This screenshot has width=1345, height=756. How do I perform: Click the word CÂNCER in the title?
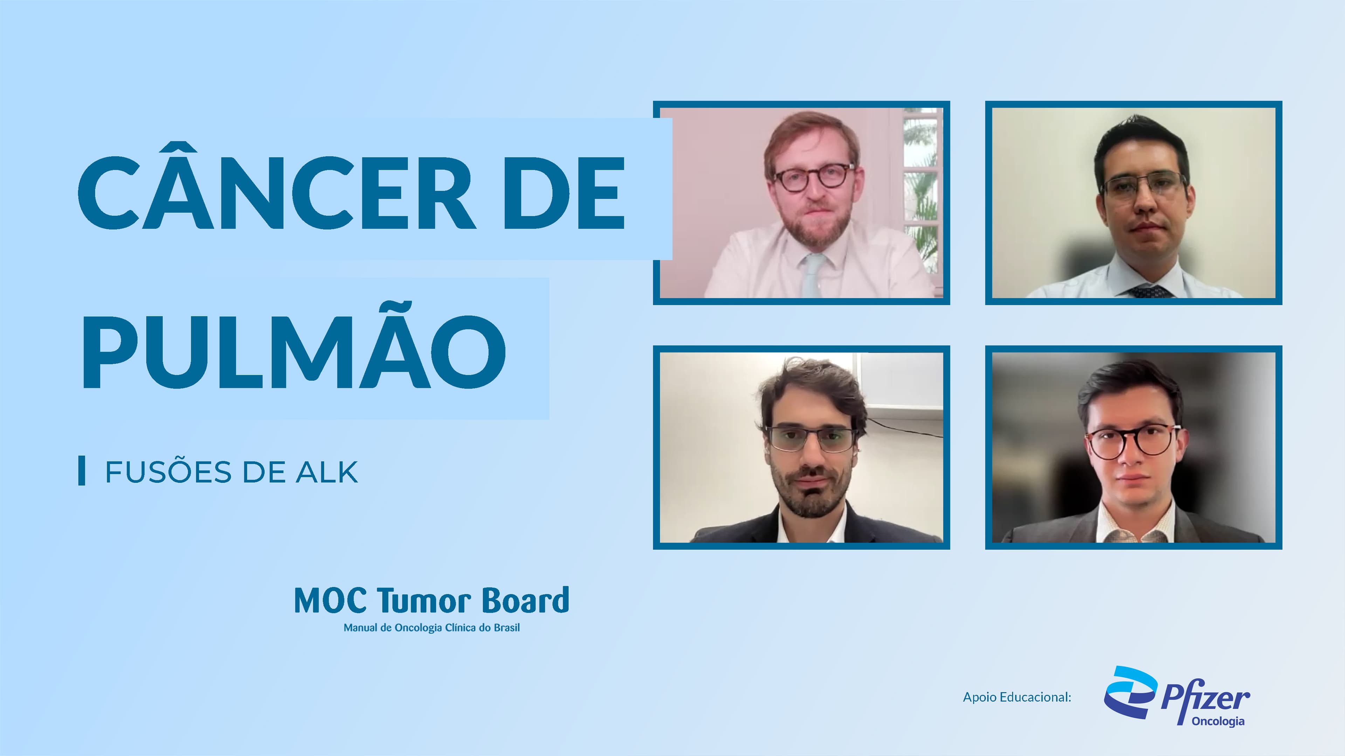[x=277, y=193]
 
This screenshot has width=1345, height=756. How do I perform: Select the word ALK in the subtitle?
[x=327, y=472]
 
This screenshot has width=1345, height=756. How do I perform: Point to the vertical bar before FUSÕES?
[x=82, y=471]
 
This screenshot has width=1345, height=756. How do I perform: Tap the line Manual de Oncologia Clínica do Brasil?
[x=431, y=628]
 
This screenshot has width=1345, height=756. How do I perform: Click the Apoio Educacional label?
[x=1016, y=697]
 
